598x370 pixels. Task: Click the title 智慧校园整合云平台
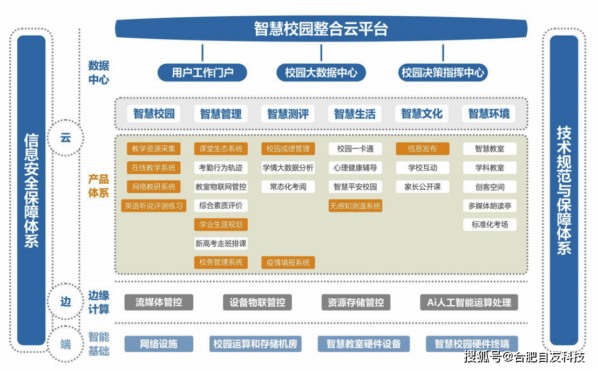321,29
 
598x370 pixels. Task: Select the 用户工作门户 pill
202,72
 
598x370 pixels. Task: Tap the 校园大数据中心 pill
321,72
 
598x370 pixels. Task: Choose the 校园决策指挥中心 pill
443,72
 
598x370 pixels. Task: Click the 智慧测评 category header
288,114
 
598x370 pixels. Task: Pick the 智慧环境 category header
488,114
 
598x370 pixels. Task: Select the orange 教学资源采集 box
154,149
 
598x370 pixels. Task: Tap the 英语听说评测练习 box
154,205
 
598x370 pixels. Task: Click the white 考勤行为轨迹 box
221,168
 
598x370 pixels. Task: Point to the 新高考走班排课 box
221,244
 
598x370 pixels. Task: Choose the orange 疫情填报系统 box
288,263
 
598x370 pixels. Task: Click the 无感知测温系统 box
355,205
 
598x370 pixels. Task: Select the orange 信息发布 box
423,149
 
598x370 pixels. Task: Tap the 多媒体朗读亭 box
490,205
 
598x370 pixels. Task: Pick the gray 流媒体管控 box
159,302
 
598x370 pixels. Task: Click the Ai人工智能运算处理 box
468,302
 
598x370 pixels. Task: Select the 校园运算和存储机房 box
255,344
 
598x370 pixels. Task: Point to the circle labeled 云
65,138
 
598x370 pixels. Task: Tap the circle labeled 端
65,344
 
